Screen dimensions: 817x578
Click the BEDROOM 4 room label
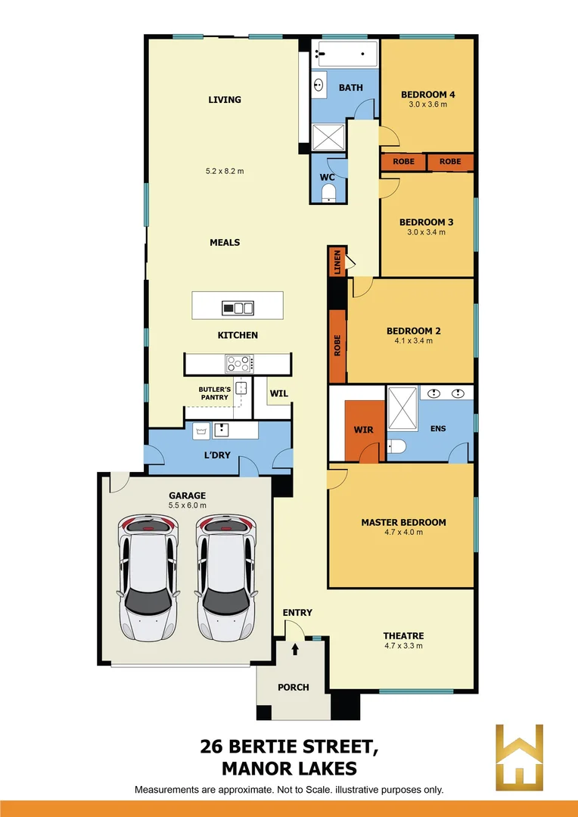(x=427, y=95)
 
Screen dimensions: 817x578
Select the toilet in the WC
(x=328, y=197)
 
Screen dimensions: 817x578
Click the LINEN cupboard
(x=337, y=262)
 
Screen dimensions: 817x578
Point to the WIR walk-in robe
(x=364, y=430)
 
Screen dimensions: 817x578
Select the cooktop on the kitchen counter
(x=241, y=362)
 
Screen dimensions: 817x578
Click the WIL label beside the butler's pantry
(x=279, y=393)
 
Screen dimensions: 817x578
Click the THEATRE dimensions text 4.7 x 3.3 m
(x=403, y=646)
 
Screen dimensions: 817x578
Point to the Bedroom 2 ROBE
(x=337, y=346)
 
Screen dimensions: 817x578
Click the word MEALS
(x=225, y=243)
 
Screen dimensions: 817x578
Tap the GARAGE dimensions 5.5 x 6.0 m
(x=187, y=505)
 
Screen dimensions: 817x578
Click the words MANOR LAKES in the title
(x=288, y=769)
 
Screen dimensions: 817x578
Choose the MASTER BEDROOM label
(x=403, y=522)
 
